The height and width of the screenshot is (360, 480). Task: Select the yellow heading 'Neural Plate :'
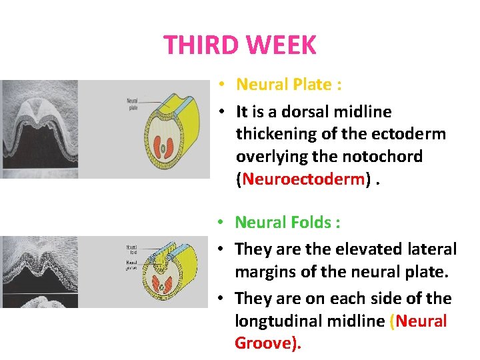click(288, 85)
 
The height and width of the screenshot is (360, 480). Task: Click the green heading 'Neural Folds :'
click(287, 222)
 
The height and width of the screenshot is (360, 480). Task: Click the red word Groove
click(265, 344)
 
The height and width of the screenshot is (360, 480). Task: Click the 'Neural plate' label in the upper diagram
click(132, 104)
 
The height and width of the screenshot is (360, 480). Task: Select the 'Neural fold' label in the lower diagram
click(131, 251)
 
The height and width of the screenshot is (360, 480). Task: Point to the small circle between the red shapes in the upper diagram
click(162, 147)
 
